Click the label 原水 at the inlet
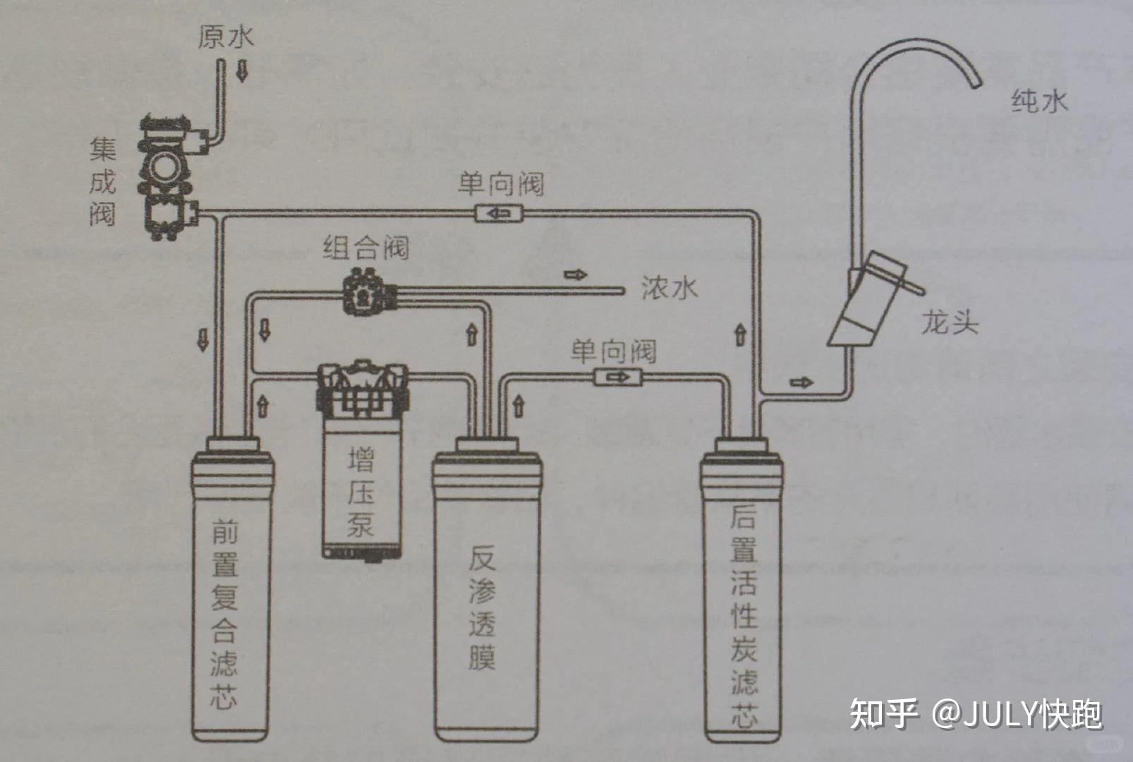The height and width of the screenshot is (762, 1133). click(x=225, y=37)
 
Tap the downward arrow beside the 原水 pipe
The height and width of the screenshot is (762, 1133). click(x=242, y=71)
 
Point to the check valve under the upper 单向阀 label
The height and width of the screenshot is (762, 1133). click(x=499, y=212)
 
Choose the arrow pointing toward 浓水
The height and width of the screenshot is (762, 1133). click(x=575, y=274)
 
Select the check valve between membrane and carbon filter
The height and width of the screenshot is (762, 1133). click(x=618, y=377)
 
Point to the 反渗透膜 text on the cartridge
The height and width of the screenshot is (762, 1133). click(x=483, y=607)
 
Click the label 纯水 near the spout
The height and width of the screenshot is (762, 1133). click(x=1038, y=101)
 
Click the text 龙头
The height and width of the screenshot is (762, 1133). click(x=950, y=323)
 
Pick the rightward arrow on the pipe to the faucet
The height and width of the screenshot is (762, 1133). click(x=801, y=382)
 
